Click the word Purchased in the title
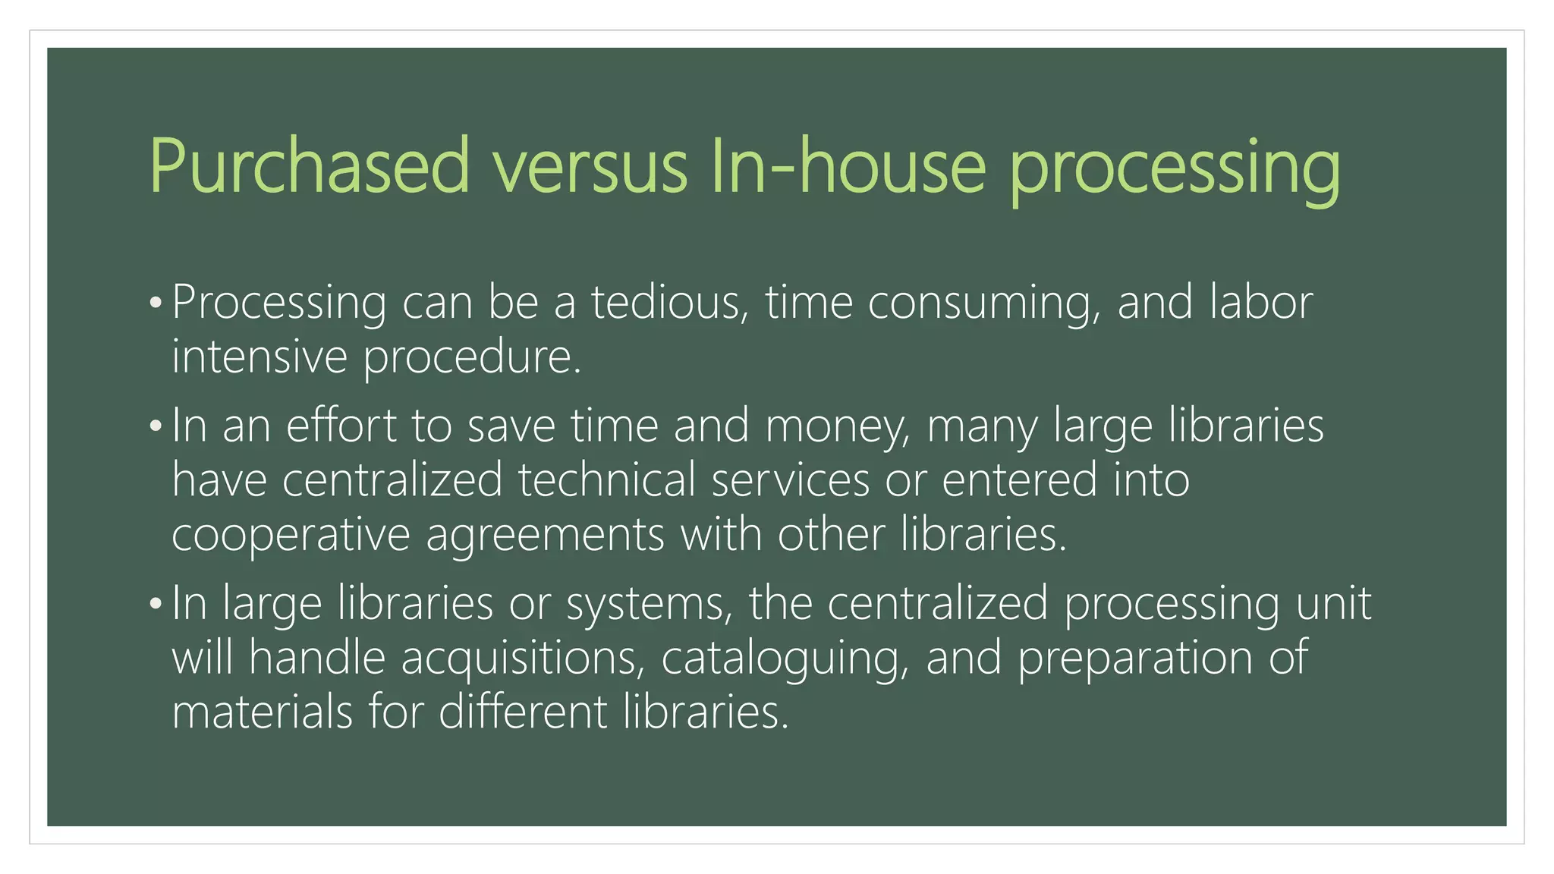(310, 166)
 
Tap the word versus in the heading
(590, 166)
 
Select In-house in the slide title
(848, 166)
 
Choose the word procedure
(471, 357)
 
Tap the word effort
(341, 426)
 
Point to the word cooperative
(291, 535)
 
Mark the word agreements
(545, 535)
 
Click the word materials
(263, 712)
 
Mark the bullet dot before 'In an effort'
(156, 426)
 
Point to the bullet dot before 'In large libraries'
(156, 604)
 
